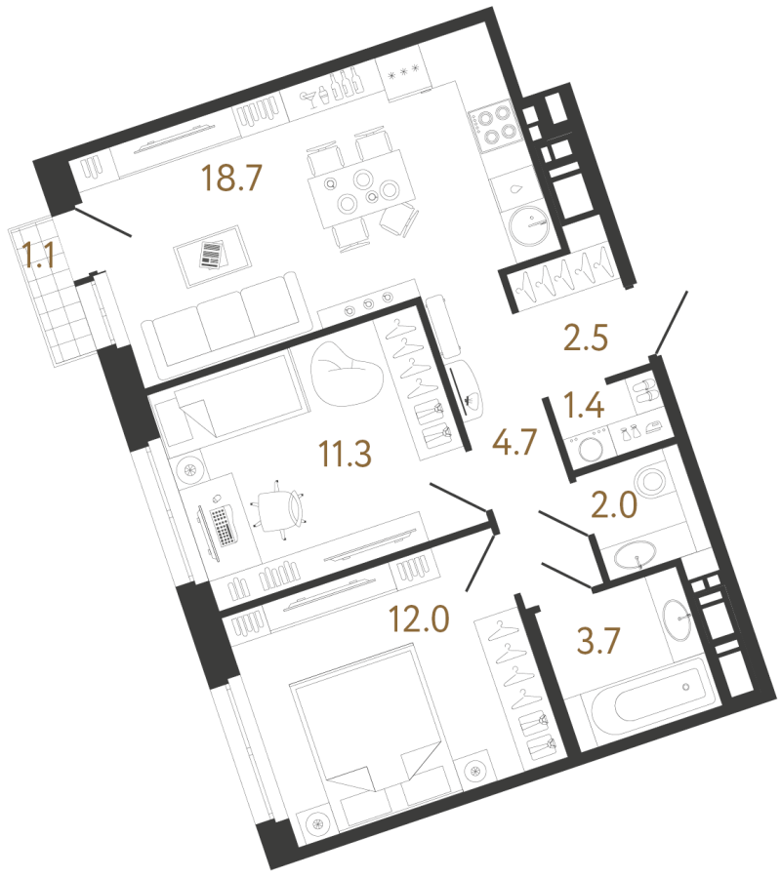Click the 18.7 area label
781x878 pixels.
click(231, 178)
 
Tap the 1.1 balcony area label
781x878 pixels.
click(39, 255)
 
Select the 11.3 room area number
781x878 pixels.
click(346, 453)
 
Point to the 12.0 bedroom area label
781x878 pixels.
click(420, 619)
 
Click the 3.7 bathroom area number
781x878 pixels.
click(598, 641)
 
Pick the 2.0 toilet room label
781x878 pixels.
click(614, 504)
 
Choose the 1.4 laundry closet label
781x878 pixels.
click(584, 405)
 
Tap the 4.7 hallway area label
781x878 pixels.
click(514, 441)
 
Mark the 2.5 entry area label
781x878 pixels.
click(586, 338)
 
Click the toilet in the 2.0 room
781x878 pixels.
click(650, 480)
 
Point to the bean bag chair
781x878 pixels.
click(347, 373)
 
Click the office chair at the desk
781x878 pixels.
click(279, 508)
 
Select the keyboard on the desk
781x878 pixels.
click(223, 525)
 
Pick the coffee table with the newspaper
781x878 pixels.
click(213, 256)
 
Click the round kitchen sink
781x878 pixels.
click(528, 225)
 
